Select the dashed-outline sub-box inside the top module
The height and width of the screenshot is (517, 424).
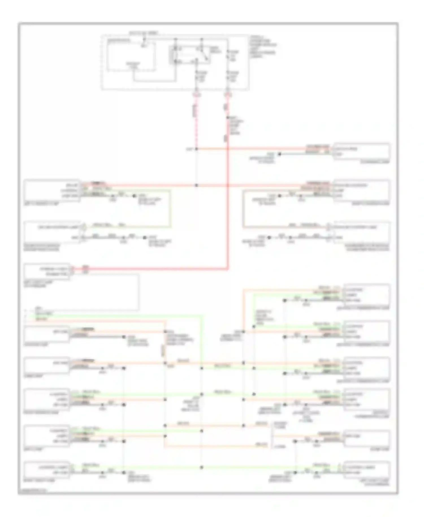[x=131, y=56]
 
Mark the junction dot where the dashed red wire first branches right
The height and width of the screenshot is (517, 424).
[x=196, y=149]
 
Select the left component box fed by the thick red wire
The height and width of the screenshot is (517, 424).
[x=47, y=271]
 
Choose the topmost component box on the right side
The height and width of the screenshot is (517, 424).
[x=361, y=151]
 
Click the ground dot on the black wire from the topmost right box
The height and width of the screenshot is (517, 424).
[x=280, y=154]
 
